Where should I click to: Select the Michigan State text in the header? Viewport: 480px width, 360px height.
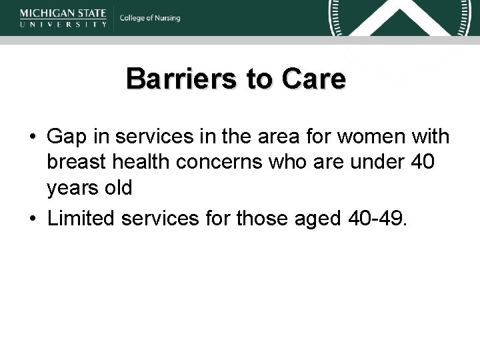[x=63, y=13]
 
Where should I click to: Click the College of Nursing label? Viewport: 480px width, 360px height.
[x=150, y=18]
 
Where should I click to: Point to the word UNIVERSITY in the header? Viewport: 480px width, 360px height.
[x=63, y=23]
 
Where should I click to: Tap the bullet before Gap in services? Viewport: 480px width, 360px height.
[x=32, y=137]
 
